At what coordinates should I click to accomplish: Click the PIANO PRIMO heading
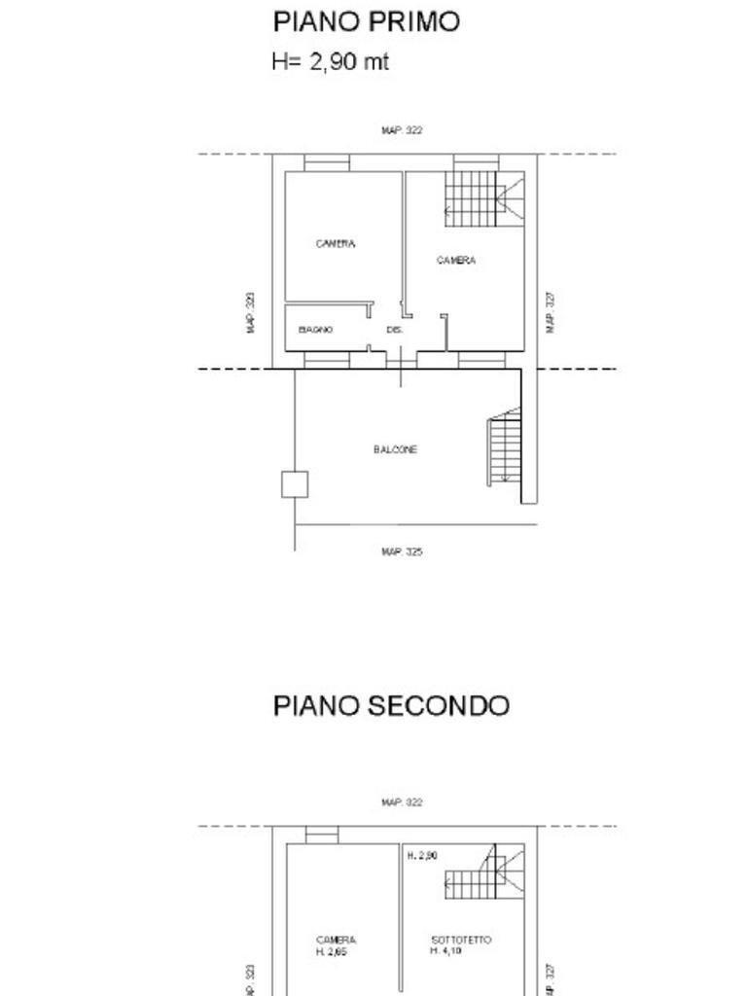366,22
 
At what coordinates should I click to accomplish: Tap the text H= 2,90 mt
330,62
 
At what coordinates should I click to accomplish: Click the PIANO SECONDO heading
391,705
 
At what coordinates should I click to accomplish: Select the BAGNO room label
315,330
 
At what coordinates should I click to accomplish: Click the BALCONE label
395,449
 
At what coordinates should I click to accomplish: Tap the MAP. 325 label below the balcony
402,551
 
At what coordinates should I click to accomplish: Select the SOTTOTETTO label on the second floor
461,940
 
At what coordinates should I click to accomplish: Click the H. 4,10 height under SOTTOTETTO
446,951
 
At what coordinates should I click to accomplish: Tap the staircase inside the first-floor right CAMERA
483,198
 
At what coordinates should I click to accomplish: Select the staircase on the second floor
483,876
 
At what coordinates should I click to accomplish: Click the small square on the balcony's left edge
295,484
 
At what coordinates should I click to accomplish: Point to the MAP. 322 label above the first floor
402,129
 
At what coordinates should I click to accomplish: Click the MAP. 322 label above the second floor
402,802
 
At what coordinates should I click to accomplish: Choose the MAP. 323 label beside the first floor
251,313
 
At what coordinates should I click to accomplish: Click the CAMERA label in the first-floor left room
336,244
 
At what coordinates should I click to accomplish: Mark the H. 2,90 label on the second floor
422,856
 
